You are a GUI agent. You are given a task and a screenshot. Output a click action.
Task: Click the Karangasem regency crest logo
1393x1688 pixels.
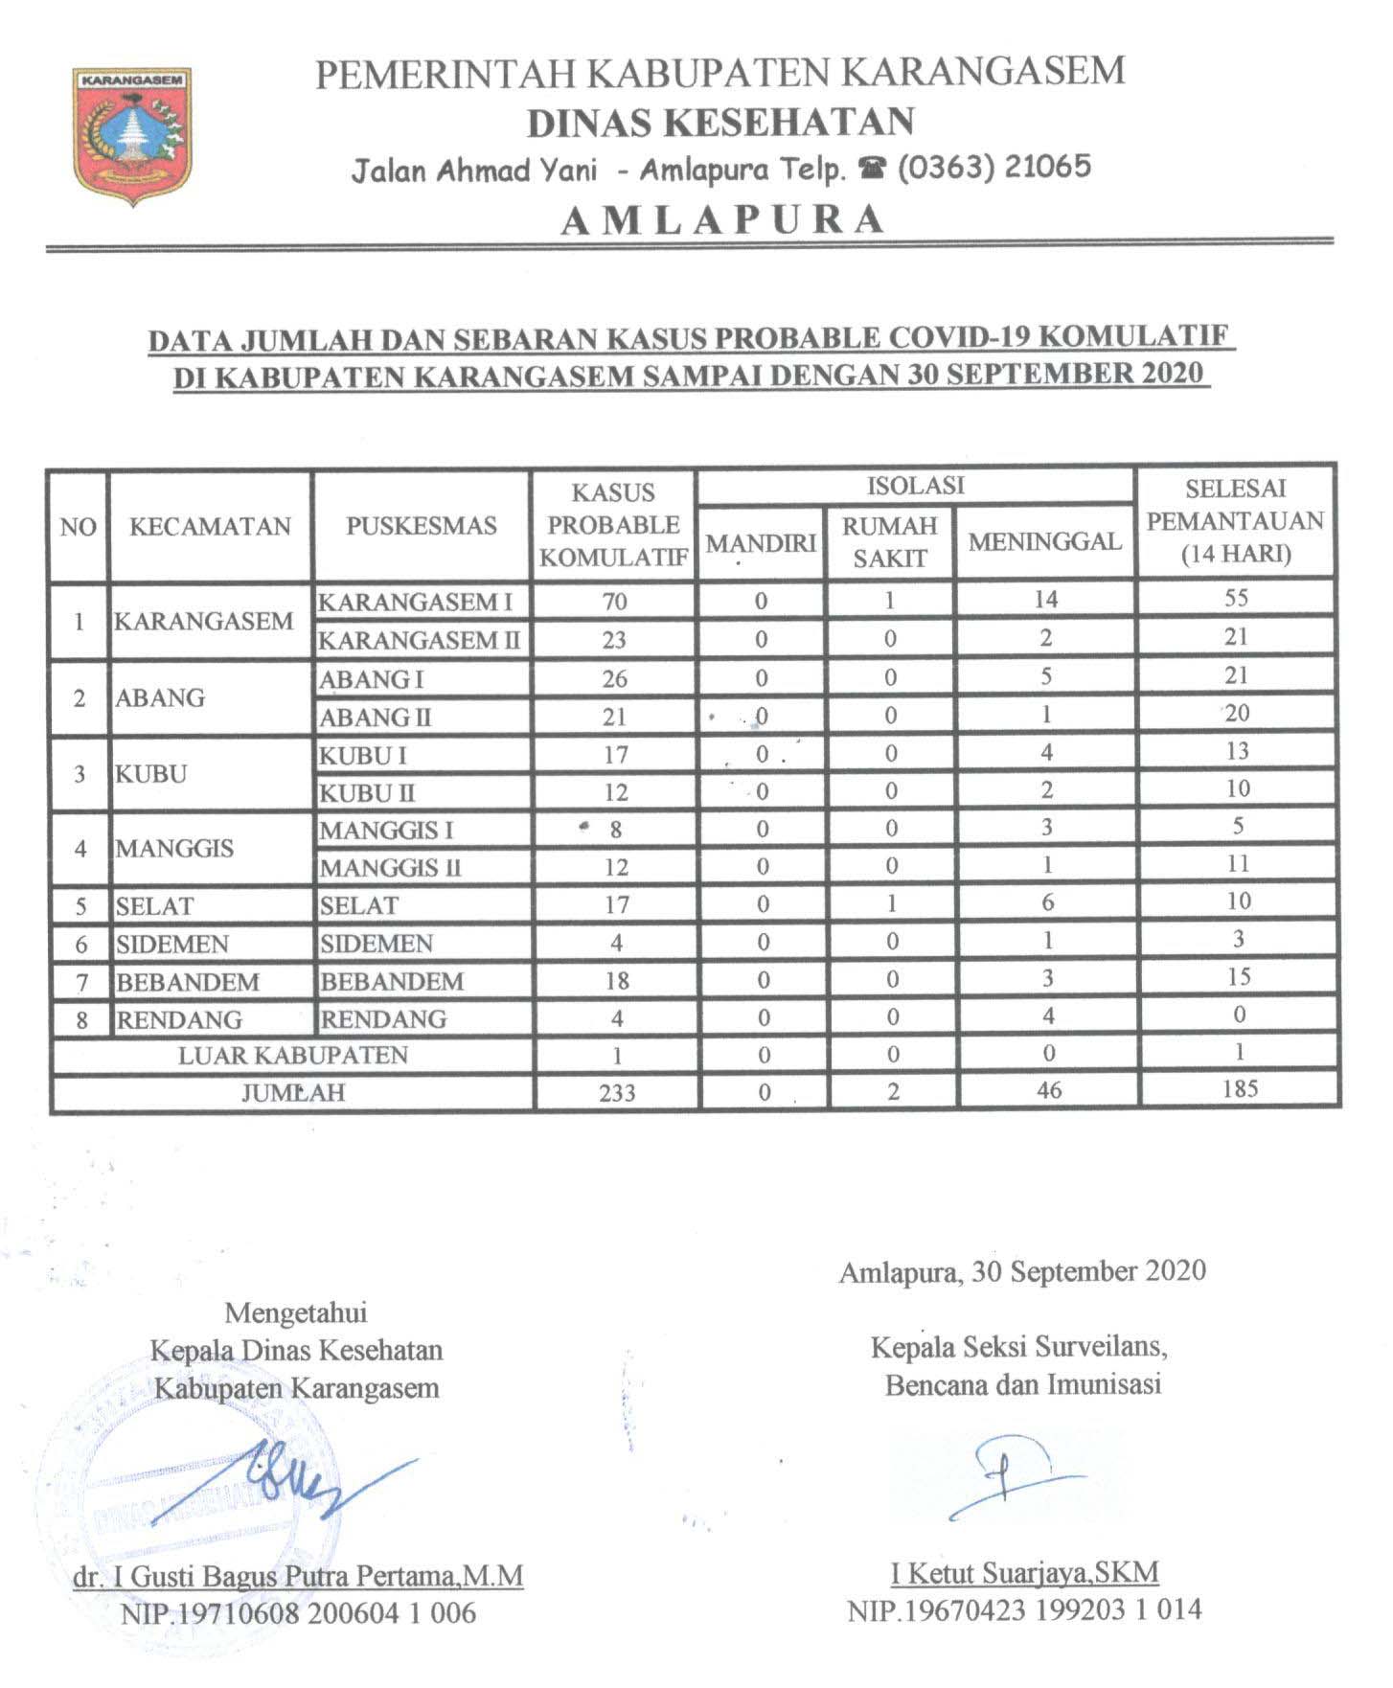131,135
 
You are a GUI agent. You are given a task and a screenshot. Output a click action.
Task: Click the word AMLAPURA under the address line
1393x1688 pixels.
723,219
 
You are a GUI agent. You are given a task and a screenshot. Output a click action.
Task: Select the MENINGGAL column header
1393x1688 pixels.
1044,541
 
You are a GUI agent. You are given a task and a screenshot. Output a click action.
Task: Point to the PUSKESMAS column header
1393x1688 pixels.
421,525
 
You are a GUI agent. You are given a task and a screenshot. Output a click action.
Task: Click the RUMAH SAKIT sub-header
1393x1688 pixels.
889,541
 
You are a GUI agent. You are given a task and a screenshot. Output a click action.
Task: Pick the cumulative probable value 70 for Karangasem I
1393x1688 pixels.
614,602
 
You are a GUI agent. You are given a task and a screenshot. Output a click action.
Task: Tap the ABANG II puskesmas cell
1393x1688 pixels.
375,717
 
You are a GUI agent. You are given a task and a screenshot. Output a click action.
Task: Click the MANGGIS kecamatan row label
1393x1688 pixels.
173,848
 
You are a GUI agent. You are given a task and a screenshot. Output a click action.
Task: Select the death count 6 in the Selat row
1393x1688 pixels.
1047,902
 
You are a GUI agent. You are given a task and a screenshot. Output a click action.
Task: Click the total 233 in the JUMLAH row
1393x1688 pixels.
616,1092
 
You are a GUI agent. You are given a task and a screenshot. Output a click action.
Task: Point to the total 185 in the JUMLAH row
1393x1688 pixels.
1239,1089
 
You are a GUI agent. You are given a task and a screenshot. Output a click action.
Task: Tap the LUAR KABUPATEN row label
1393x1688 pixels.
292,1055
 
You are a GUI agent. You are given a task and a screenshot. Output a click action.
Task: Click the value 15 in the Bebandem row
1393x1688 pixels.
1239,977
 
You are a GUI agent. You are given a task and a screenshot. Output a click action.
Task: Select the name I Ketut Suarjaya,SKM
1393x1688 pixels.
1024,1572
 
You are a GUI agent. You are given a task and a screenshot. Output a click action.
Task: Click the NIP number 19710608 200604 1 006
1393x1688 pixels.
298,1613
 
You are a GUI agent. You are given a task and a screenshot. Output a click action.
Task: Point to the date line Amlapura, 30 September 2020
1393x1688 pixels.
1022,1271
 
